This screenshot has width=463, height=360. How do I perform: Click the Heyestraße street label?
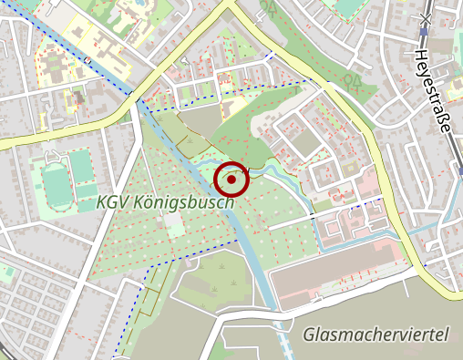[x=434, y=91]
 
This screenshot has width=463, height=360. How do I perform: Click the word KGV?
[x=113, y=203]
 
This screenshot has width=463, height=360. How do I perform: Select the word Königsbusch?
[x=183, y=202]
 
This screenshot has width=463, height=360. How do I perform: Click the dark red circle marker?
[x=232, y=180]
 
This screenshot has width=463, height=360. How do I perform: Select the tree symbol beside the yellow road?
[x=348, y=80]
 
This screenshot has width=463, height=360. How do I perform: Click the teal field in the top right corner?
[x=350, y=7]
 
